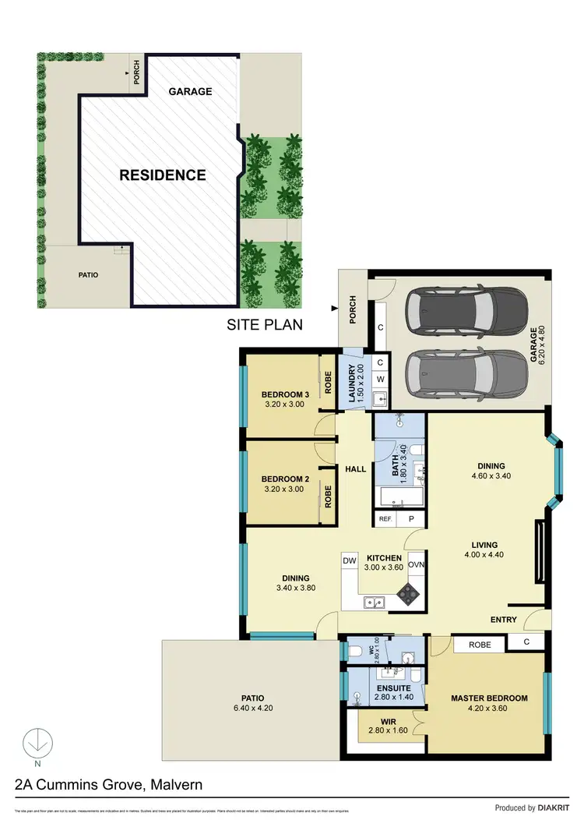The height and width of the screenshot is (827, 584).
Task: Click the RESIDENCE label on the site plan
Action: [x=163, y=175]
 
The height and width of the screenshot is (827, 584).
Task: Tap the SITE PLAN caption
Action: [x=264, y=324]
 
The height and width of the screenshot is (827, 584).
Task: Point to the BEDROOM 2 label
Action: [x=285, y=479]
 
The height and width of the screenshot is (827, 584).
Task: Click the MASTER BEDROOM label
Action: [x=489, y=698]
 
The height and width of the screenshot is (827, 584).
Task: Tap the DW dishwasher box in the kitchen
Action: [x=350, y=560]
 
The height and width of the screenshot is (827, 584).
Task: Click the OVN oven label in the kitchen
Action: [x=416, y=564]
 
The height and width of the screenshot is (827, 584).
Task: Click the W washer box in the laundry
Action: [x=380, y=380]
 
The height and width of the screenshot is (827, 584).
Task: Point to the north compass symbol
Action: [x=33, y=743]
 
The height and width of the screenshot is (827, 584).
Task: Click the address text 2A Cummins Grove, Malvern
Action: [x=104, y=784]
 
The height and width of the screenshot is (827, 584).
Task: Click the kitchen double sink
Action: [x=375, y=602]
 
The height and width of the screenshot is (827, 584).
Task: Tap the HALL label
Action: [x=356, y=468]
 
